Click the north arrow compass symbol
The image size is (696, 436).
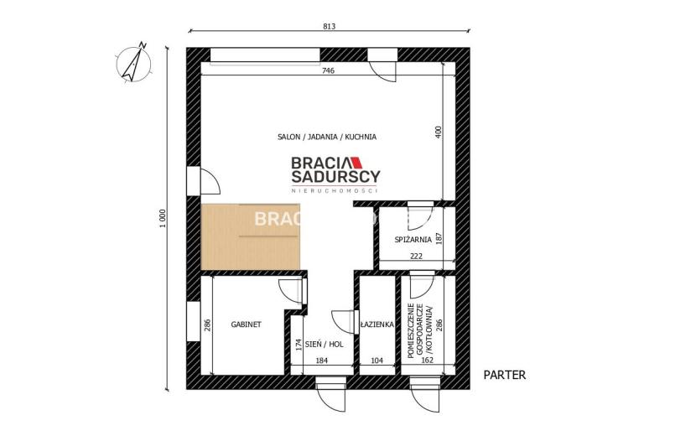coord(134,63)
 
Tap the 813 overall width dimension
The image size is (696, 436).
coord(329,26)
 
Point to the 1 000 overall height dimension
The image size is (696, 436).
coord(163,219)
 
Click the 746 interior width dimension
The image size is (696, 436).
coord(328,70)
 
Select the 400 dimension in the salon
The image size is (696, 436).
coord(439,132)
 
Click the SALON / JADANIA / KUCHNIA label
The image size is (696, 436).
coord(327,137)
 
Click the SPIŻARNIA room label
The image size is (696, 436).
coord(413,240)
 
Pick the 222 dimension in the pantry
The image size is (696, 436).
coord(417,257)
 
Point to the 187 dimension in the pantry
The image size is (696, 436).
coord(439,238)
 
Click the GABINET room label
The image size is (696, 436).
coord(246,324)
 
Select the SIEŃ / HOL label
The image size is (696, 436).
coord(324,344)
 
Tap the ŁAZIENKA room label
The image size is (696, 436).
coord(377,324)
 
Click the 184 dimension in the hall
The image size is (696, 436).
coord(321,361)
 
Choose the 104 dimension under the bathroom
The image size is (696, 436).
coord(377,361)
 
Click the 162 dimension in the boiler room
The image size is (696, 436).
coord(427,361)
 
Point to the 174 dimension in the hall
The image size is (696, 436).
coord(299,345)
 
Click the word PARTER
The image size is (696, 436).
coord(505,375)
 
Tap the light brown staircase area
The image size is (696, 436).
coord(251,236)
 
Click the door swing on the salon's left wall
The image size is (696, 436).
coord(210,181)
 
